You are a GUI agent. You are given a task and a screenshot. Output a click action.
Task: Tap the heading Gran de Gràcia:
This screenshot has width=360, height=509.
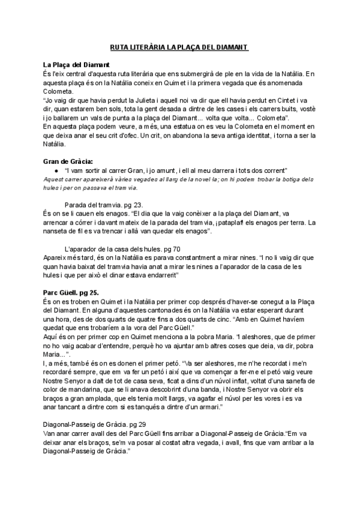click(x=68, y=161)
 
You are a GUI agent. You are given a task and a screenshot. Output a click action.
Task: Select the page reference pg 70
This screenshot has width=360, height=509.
click(x=170, y=248)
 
